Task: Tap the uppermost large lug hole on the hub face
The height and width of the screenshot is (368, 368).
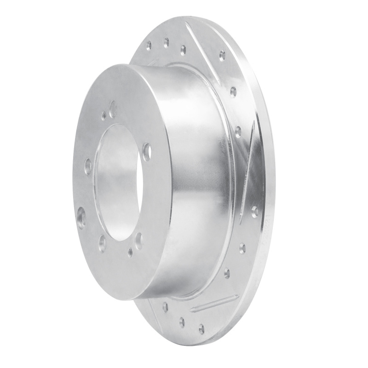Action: [113, 109]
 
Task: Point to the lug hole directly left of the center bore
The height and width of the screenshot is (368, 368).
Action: [87, 166]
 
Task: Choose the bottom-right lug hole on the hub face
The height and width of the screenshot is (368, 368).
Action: [138, 240]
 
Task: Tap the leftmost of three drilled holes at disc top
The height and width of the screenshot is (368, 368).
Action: [149, 46]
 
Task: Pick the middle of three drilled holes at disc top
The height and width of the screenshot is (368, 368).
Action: [166, 43]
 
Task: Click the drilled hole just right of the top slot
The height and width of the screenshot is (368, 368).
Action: [222, 56]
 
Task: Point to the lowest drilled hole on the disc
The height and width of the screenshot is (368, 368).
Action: [201, 328]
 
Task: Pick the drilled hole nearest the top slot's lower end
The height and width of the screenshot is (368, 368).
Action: [233, 91]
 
